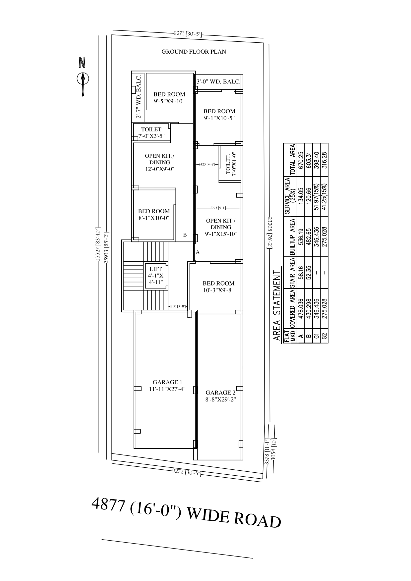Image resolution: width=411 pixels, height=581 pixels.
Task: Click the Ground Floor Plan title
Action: pos(194,52)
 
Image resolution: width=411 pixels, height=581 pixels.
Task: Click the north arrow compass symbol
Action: pos(83,79)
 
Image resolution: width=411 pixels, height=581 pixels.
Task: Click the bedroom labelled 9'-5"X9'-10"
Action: pos(169,98)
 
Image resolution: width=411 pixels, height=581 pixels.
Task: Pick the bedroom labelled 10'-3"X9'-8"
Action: pos(218,287)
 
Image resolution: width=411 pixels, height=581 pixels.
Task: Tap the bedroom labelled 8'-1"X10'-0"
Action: pos(154,214)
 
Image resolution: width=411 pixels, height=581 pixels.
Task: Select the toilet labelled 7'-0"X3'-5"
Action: pos(151,132)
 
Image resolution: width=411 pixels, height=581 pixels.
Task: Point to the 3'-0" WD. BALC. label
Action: pos(218,81)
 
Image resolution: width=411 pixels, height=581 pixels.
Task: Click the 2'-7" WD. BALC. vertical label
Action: pos(139,96)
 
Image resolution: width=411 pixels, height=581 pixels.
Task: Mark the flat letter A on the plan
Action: pos(198,252)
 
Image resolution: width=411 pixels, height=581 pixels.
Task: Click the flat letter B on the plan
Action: pos(185,235)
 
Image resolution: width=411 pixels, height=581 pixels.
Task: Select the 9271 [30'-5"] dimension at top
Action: pos(188,33)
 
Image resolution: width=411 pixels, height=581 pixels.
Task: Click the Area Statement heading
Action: pos(276,305)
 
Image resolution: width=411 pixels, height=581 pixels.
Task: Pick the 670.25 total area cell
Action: pos(301,160)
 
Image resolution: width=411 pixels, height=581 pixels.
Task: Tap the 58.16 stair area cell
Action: pos(301,273)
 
